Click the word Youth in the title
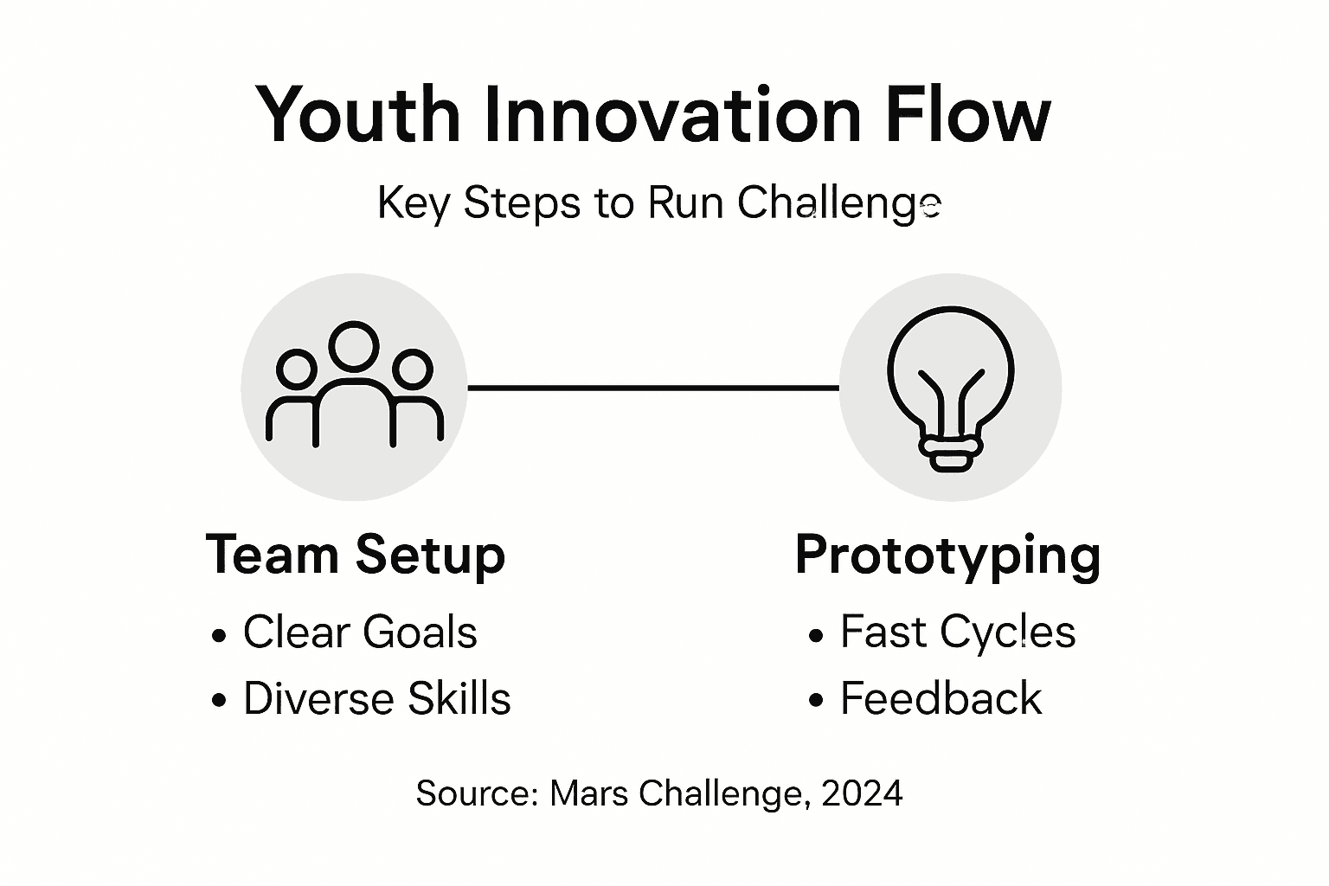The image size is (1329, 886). [357, 114]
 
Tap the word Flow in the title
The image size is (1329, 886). [968, 114]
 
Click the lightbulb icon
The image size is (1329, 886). [950, 387]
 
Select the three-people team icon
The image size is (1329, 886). [354, 387]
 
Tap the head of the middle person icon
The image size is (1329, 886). [354, 345]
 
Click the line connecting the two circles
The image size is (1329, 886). [653, 388]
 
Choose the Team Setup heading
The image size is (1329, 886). [356, 555]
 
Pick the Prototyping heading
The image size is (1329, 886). [947, 555]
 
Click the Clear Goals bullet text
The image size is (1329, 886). [360, 632]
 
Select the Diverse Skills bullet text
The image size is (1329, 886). [376, 698]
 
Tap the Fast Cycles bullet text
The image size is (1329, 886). [958, 632]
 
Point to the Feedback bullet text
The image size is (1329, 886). [941, 698]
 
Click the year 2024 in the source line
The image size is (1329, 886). [862, 793]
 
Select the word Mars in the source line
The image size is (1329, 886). [588, 793]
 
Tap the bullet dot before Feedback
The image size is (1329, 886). [815, 700]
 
